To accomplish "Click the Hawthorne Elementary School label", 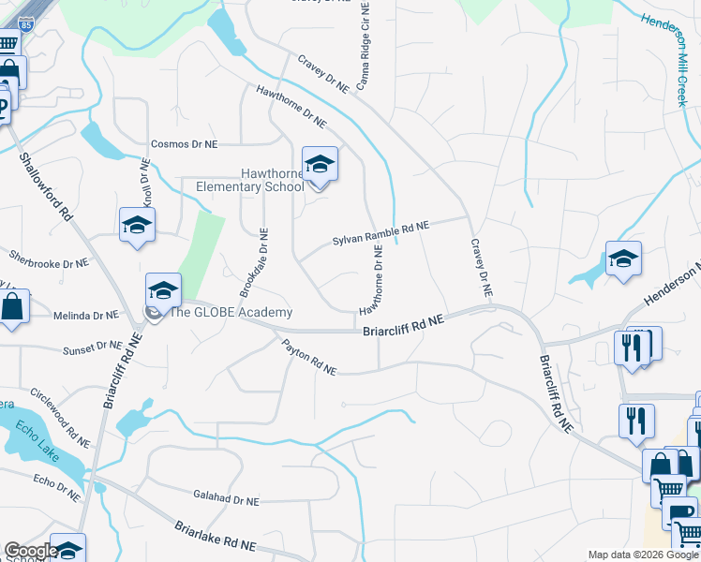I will [249, 180].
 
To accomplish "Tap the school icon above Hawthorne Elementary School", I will [320, 166].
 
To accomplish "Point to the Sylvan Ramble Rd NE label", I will [380, 234].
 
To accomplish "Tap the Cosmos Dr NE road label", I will [184, 144].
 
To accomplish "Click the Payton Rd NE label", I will [309, 357].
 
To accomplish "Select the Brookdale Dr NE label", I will [261, 264].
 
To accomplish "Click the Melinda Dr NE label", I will [86, 317].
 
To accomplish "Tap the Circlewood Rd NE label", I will [60, 417].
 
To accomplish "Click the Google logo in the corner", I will [31, 551].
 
